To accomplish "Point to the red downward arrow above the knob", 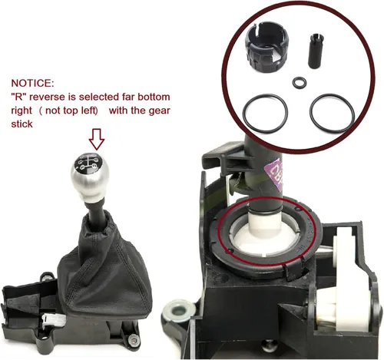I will pos(96,139).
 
